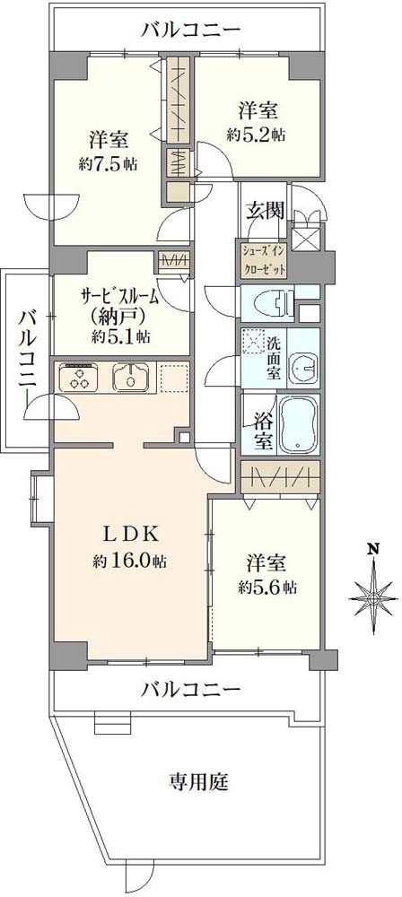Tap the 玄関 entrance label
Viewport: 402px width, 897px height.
pyautogui.click(x=266, y=211)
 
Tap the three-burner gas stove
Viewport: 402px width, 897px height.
pyautogui.click(x=80, y=377)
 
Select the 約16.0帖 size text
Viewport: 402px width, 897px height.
pyautogui.click(x=131, y=562)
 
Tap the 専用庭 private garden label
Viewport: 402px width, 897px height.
pyautogui.click(x=199, y=781)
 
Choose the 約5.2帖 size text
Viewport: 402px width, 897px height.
pyautogui.click(x=256, y=135)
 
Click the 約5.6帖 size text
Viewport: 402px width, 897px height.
pyautogui.click(x=267, y=587)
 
